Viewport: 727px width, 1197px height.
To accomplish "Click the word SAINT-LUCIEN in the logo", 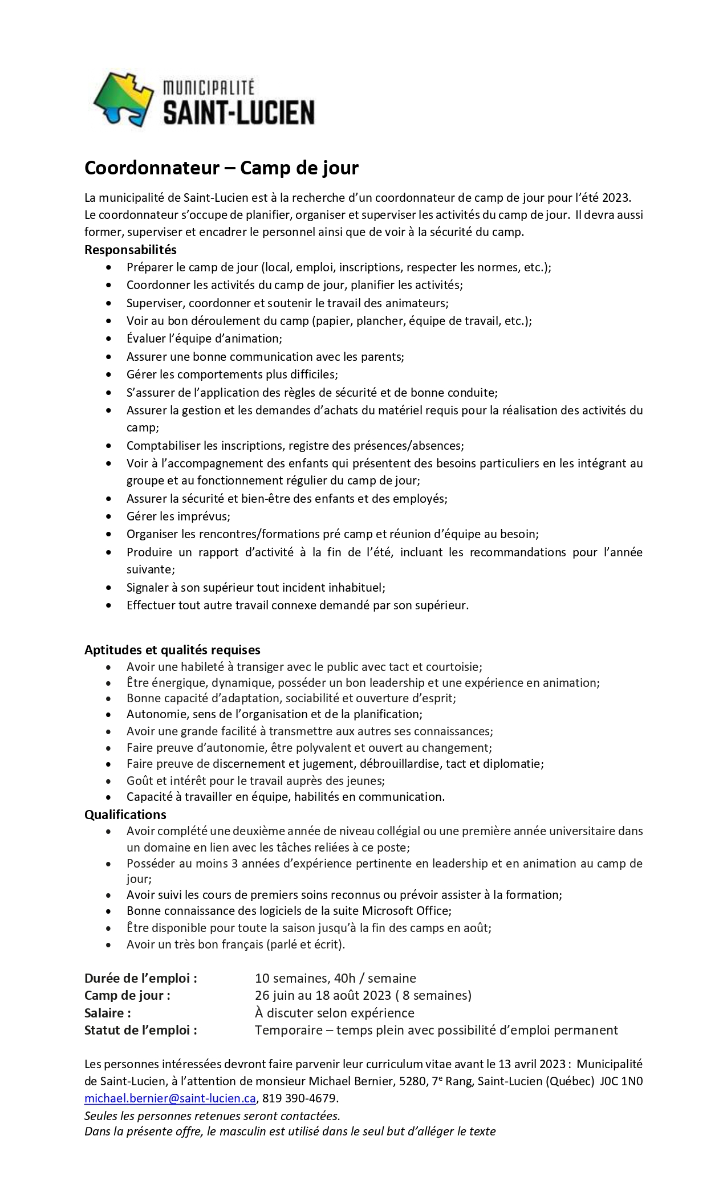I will (x=238, y=112).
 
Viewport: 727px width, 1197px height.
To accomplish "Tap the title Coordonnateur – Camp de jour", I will (x=221, y=168).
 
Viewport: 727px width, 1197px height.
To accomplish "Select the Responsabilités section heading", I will (x=131, y=250).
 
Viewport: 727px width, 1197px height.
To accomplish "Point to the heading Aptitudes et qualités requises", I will (x=172, y=650).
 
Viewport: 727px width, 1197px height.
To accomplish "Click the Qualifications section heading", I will (x=125, y=815).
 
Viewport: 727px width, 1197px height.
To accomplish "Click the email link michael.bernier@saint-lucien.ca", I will (x=170, y=1098).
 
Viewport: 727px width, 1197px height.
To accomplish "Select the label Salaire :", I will (x=108, y=1012).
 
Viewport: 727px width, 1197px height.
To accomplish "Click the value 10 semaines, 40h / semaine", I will (x=335, y=978).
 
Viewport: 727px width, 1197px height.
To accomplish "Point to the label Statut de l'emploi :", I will (x=141, y=1030).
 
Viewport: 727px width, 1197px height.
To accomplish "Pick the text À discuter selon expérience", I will (x=335, y=1013).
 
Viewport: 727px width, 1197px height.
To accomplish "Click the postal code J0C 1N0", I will (x=621, y=1081).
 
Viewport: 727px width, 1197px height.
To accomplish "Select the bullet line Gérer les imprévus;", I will (x=178, y=516).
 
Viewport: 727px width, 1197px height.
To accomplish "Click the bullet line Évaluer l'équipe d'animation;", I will (x=204, y=339).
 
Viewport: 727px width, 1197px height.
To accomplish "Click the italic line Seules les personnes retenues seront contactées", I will (x=212, y=1115).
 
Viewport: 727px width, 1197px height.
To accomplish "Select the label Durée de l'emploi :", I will (x=141, y=978).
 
